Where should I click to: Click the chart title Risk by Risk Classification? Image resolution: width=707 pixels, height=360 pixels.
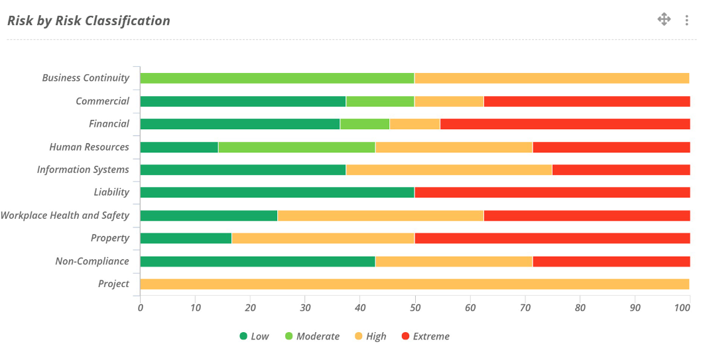pos(89,21)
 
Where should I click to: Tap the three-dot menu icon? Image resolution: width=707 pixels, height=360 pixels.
pos(686,21)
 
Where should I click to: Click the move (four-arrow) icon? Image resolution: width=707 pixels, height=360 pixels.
pos(664,19)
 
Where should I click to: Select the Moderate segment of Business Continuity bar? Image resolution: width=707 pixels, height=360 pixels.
pos(277,78)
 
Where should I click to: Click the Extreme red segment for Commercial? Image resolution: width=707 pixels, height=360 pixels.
pos(586,101)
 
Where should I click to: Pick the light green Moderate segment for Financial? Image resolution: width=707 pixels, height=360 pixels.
pos(364,124)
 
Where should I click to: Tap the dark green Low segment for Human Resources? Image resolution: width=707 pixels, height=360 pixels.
pos(179,147)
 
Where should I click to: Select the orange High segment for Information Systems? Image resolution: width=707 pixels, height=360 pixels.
pos(449,170)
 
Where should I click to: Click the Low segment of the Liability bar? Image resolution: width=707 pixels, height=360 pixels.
pos(277,192)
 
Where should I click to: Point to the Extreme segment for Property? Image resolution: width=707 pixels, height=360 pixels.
pos(552,238)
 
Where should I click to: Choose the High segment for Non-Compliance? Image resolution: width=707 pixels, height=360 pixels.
pos(454,261)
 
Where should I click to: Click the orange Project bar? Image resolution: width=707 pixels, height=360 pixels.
pos(415,284)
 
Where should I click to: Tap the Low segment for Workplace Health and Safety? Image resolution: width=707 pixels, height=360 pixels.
pos(209,215)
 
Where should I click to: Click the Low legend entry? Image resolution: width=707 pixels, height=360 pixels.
pos(254,336)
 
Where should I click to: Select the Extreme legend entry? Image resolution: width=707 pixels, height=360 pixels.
pos(425,336)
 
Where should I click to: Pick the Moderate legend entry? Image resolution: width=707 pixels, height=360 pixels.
pos(312,336)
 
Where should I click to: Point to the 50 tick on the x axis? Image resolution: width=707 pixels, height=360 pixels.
pos(415,308)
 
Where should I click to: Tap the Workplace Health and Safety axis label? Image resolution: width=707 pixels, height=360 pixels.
pos(65,215)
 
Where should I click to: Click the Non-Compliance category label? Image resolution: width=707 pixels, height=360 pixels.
pos(92,261)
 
